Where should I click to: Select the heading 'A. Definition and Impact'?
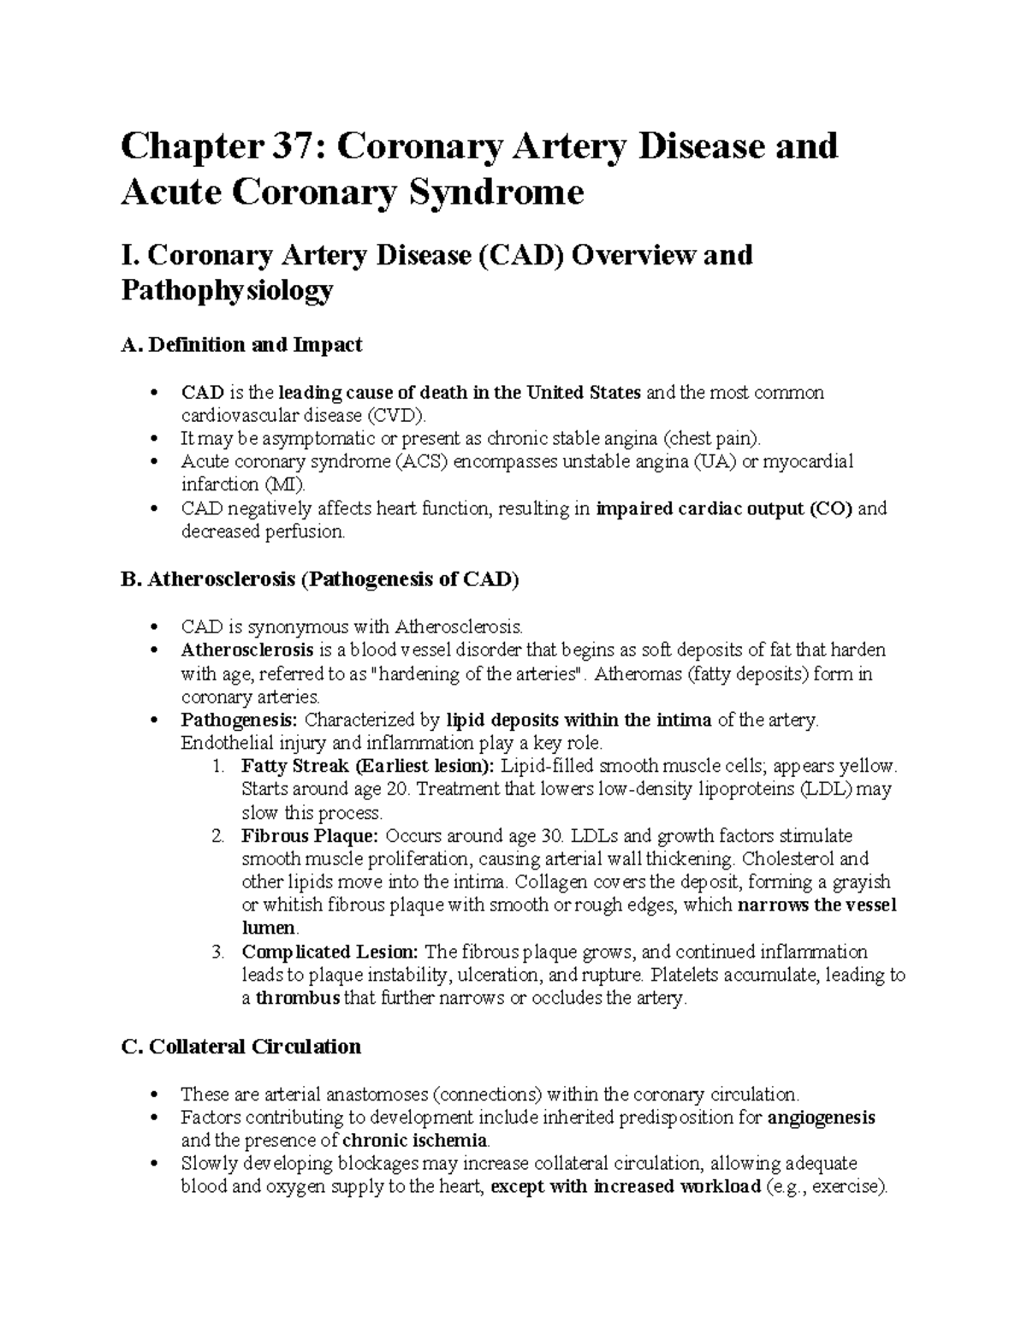click(x=241, y=345)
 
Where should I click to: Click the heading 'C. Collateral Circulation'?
click(x=241, y=1047)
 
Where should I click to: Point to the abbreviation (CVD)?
click(x=395, y=416)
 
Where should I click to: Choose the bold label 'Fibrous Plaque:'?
click(x=310, y=835)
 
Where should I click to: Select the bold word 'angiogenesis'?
click(x=822, y=1118)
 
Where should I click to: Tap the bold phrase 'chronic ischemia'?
click(x=414, y=1141)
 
